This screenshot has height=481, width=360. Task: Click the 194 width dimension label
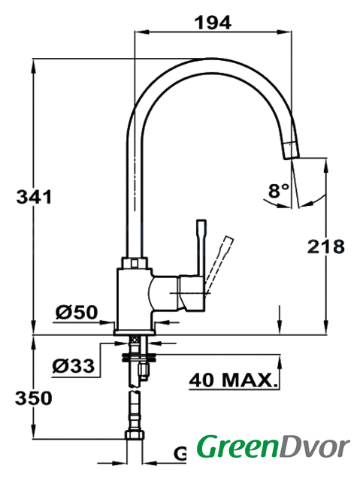213,23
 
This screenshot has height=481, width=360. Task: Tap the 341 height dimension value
34,197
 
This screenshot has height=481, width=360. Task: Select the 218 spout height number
325,247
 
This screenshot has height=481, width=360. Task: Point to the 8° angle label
278,190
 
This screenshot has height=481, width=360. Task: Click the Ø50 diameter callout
77,313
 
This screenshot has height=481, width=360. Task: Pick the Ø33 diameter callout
74,366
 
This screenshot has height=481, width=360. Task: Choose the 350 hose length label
34,398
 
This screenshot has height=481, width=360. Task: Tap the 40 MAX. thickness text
233,380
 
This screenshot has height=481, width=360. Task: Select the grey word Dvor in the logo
314,447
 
